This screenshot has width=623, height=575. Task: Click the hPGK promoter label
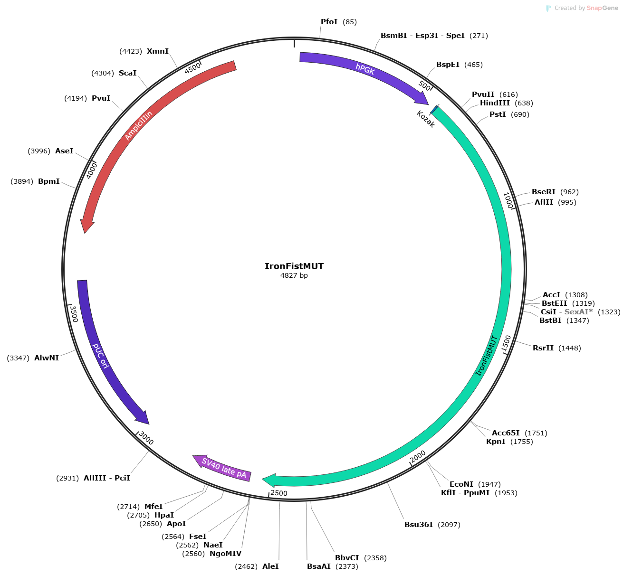(x=365, y=69)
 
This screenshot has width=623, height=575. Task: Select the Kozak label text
(x=426, y=119)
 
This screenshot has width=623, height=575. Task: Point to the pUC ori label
(x=100, y=356)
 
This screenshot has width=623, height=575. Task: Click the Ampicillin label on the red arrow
(x=138, y=125)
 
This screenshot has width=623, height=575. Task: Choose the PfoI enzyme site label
(x=329, y=22)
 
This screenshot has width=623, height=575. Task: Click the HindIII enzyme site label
(x=495, y=103)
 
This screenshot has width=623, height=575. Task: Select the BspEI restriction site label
(x=448, y=64)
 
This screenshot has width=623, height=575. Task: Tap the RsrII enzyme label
(x=543, y=348)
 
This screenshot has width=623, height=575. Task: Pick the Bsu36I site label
(x=419, y=525)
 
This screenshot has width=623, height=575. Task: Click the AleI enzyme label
(x=270, y=566)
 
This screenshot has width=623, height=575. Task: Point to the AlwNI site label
(x=47, y=358)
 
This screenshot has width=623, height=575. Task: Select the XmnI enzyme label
(x=157, y=51)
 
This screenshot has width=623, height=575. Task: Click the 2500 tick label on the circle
(x=279, y=493)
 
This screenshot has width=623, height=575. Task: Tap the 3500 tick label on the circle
(x=74, y=314)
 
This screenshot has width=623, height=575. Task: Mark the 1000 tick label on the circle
(x=508, y=200)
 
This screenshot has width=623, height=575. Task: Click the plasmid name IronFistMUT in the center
(x=294, y=266)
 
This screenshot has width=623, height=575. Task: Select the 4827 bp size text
(x=294, y=275)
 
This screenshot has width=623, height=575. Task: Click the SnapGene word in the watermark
(x=602, y=8)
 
